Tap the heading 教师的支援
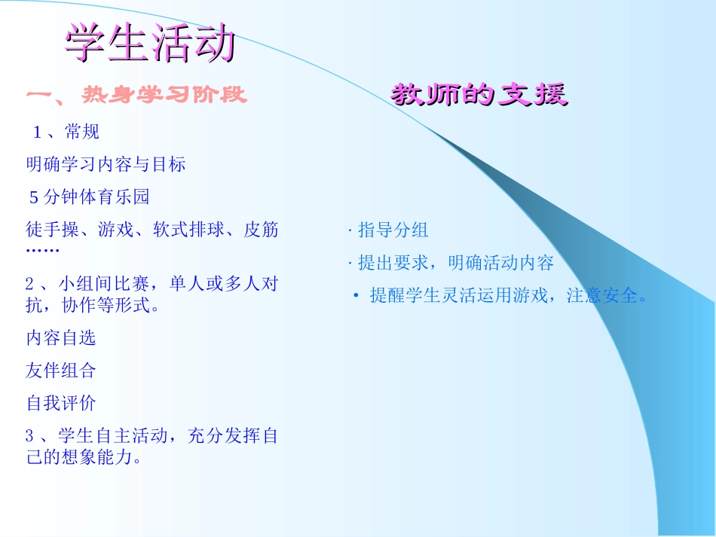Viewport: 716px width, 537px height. click(x=479, y=95)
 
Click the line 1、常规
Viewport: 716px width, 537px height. click(x=66, y=133)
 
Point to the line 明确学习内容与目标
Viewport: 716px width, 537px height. click(x=106, y=164)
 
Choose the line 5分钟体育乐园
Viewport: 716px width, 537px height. click(x=90, y=197)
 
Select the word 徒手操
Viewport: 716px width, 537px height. click(x=52, y=230)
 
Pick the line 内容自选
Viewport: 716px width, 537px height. click(x=61, y=337)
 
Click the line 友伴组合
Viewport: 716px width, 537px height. click(x=61, y=370)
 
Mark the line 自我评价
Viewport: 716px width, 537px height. click(x=61, y=403)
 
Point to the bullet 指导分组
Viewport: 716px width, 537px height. click(x=393, y=230)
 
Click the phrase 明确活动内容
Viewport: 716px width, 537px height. click(x=500, y=263)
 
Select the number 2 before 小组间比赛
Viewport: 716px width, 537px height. click(x=30, y=284)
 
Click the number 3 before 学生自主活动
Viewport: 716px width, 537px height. click(x=30, y=435)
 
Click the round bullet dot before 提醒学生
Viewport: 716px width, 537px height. click(x=356, y=296)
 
